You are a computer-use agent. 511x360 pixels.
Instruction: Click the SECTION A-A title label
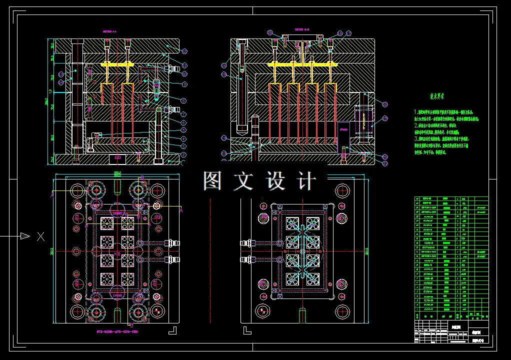click(x=109, y=31)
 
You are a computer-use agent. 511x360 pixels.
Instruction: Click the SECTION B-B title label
click(x=302, y=29)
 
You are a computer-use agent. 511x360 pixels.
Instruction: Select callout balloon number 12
click(x=184, y=51)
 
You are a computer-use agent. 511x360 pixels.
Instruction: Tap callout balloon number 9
click(x=183, y=101)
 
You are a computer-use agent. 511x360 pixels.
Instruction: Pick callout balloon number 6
click(x=183, y=122)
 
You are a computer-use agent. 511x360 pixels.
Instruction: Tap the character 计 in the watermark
click(x=306, y=181)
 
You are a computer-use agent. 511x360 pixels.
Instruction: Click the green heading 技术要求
click(x=437, y=96)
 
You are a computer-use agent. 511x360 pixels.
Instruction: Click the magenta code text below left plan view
click(x=117, y=331)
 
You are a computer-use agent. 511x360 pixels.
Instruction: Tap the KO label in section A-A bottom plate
click(x=118, y=158)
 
